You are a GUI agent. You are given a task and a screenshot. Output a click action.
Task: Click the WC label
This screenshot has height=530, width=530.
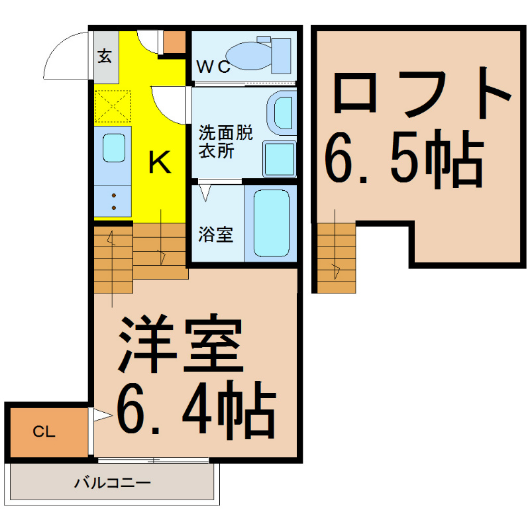pyautogui.click(x=213, y=67)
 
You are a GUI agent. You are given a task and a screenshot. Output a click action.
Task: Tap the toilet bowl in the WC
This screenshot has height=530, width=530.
pyautogui.click(x=248, y=56)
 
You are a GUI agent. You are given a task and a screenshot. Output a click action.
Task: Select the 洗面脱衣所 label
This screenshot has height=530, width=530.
pyautogui.click(x=225, y=142)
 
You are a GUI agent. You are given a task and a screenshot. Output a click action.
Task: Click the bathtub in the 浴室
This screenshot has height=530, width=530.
pyautogui.click(x=271, y=223)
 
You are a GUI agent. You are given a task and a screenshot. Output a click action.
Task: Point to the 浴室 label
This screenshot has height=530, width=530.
pyautogui.click(x=216, y=235)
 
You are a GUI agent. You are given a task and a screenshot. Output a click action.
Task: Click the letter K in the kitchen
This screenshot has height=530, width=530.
pyautogui.click(x=159, y=162)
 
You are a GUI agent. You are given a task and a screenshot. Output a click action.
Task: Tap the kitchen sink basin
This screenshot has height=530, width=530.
pyautogui.click(x=114, y=148)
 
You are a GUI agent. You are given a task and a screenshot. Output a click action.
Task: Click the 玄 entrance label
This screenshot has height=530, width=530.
pyautogui.click(x=105, y=56)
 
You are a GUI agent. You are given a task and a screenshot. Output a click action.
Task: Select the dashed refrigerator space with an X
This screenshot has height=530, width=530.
pyautogui.click(x=113, y=106)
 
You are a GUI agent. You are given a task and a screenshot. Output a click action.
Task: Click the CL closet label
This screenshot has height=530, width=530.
pyautogui.click(x=44, y=432)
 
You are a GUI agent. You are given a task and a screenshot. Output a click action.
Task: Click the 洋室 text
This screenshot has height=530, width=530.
pyautogui.click(x=180, y=343)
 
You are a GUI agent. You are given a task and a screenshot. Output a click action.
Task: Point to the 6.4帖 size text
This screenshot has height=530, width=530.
pyautogui.click(x=196, y=409)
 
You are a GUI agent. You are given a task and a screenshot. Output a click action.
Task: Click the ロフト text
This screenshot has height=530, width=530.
pyautogui.click(x=423, y=93)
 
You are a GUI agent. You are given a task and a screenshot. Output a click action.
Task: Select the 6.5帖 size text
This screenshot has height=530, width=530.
pyautogui.click(x=405, y=159)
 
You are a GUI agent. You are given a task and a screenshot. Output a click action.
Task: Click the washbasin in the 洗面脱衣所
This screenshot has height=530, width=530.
pyautogui.click(x=282, y=113)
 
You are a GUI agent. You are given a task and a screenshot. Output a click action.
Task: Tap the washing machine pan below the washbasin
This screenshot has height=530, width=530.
pyautogui.click(x=279, y=159)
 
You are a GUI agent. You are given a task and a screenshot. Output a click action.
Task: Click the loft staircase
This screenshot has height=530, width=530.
pyautogui.click(x=337, y=258)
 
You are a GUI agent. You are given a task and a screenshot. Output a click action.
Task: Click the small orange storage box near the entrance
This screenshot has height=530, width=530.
pyautogui.click(x=174, y=42)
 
